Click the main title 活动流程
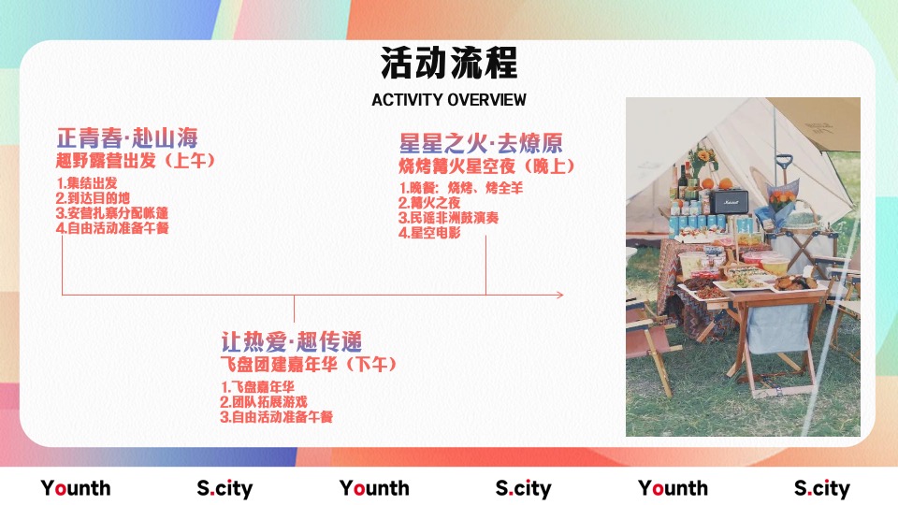pos(449,65)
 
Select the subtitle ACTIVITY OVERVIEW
pos(449,100)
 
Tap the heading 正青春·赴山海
pos(127,139)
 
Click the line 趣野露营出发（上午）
pos(136,161)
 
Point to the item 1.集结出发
pos(87,182)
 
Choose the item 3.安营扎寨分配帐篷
pos(112,212)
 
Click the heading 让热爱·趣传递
pos(292,341)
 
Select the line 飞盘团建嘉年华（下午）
pos(309,364)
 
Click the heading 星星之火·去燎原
pos(481,144)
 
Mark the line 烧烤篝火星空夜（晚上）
pos(487,166)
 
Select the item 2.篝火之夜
pos(429,203)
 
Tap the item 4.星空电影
pos(429,233)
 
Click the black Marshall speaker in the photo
pos(729,202)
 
